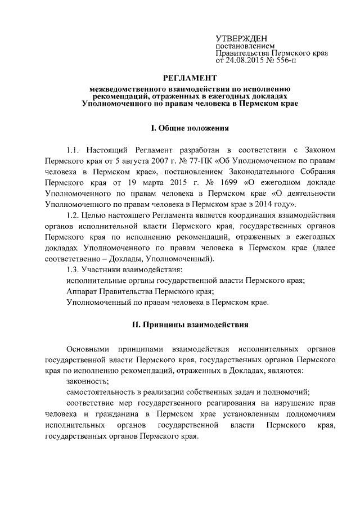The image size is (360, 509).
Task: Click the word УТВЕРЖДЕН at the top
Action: click(241, 37)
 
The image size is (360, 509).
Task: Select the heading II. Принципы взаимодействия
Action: click(190, 325)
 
